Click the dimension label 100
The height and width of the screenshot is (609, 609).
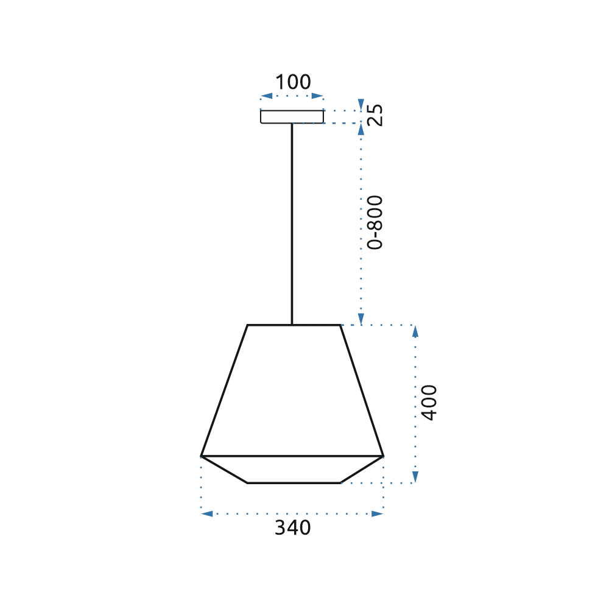pos(293,82)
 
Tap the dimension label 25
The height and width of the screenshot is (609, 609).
pos(376,115)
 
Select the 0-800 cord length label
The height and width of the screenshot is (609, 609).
pos(376,222)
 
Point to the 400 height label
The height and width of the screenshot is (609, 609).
pos(429,402)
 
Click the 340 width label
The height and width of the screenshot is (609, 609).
pos(292,528)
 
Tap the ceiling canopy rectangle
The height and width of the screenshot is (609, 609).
pos(292,116)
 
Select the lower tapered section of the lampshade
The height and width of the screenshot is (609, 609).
pos(293,470)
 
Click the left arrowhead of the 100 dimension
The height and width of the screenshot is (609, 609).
pos(266,96)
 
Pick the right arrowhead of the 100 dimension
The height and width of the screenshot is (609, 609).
pos(318,96)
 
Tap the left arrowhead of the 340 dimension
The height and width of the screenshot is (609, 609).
pos(207,514)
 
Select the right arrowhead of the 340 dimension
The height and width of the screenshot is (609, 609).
pos(378,514)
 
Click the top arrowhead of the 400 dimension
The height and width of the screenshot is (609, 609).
pos(415,331)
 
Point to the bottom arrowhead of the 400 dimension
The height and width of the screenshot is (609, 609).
pos(415,477)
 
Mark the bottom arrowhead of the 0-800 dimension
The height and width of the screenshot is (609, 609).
pos(361,319)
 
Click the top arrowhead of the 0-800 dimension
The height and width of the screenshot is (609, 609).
pos(361,130)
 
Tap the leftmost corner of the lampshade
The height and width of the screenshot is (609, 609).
pos(202,456)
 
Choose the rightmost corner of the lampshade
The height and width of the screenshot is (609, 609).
pos(383,456)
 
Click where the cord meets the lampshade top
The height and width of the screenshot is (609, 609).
pos(292,325)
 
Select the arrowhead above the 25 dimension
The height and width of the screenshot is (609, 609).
pos(361,104)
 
